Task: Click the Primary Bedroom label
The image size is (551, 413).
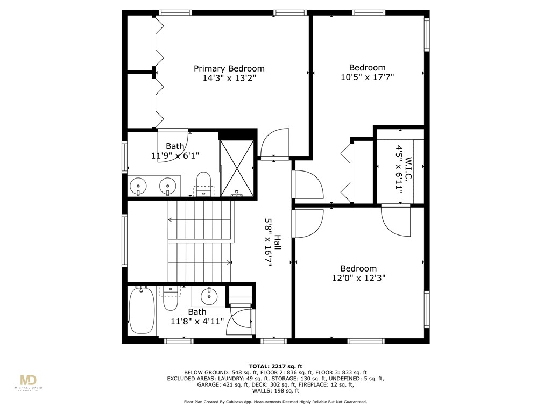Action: pyautogui.click(x=229, y=68)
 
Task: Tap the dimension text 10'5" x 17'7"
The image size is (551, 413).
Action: pyautogui.click(x=368, y=77)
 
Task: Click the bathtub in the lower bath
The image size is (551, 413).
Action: pyautogui.click(x=142, y=311)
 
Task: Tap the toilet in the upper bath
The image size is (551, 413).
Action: pyautogui.click(x=203, y=183)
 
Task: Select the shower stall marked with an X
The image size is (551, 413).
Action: pyautogui.click(x=237, y=166)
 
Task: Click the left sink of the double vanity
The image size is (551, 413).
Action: pyautogui.click(x=139, y=186)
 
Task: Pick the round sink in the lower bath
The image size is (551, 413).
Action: pyautogui.click(x=208, y=295)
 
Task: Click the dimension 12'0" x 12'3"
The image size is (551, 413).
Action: pyautogui.click(x=358, y=278)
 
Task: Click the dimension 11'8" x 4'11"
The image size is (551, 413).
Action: pyautogui.click(x=197, y=322)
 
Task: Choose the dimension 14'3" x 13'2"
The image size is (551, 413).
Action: pyautogui.click(x=229, y=78)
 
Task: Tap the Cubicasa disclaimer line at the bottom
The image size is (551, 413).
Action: pyautogui.click(x=275, y=402)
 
